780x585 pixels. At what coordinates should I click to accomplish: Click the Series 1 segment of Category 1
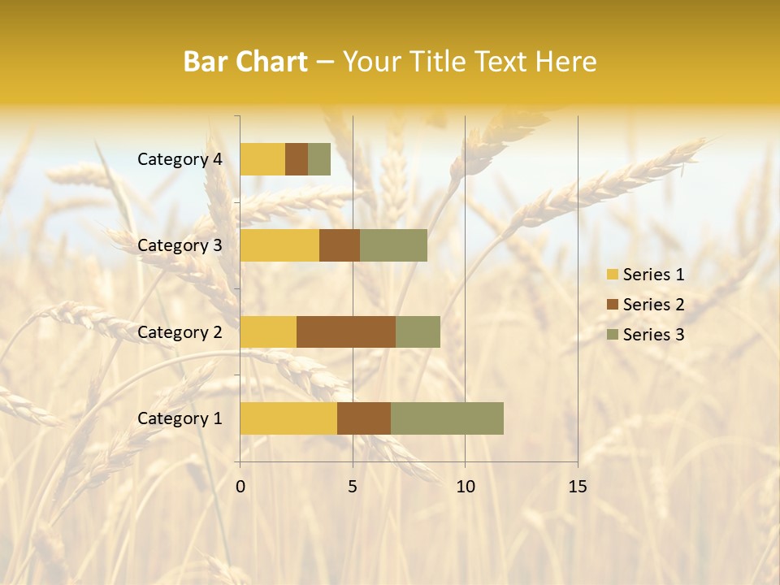[288, 418]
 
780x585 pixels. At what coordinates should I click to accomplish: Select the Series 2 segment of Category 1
[364, 418]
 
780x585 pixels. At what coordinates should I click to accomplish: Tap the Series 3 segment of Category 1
[447, 418]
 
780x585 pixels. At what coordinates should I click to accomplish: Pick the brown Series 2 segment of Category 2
[346, 331]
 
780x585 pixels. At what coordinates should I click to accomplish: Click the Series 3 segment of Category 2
[418, 331]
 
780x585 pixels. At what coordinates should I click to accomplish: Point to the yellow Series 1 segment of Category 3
[279, 245]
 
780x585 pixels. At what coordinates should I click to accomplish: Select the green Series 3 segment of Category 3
[393, 245]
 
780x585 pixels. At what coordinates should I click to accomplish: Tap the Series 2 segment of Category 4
[297, 159]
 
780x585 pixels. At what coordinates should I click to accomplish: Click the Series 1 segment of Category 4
[262, 159]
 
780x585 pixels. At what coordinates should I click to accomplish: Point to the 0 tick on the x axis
[240, 487]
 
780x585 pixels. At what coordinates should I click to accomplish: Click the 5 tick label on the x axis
[353, 487]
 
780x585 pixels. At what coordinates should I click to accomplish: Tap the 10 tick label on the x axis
[465, 487]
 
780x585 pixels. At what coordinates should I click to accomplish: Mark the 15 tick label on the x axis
[577, 487]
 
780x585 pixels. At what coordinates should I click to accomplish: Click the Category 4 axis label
[180, 159]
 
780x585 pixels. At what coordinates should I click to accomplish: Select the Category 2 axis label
[180, 331]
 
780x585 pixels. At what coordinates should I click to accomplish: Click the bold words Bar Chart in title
[245, 62]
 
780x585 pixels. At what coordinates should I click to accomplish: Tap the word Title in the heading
[439, 62]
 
